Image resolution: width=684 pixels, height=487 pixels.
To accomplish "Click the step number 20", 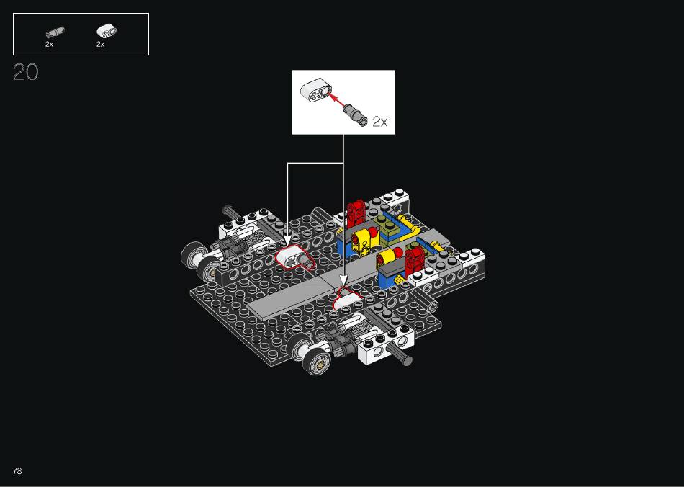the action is coord(26,72).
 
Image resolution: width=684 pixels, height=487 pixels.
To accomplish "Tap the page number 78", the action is coord(17,470).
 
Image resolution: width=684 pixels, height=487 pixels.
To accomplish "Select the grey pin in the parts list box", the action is coord(55,32).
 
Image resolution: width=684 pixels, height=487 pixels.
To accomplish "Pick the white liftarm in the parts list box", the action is coord(107,31).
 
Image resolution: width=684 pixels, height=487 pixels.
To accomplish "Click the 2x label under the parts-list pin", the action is coord(49,44).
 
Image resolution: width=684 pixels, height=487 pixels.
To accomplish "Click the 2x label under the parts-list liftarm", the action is coord(100,44).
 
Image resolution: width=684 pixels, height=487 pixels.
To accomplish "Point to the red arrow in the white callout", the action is coord(336,99).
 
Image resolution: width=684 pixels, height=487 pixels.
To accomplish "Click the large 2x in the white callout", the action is coord(380,121).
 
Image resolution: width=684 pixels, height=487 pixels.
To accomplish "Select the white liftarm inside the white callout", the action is coord(315,90).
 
